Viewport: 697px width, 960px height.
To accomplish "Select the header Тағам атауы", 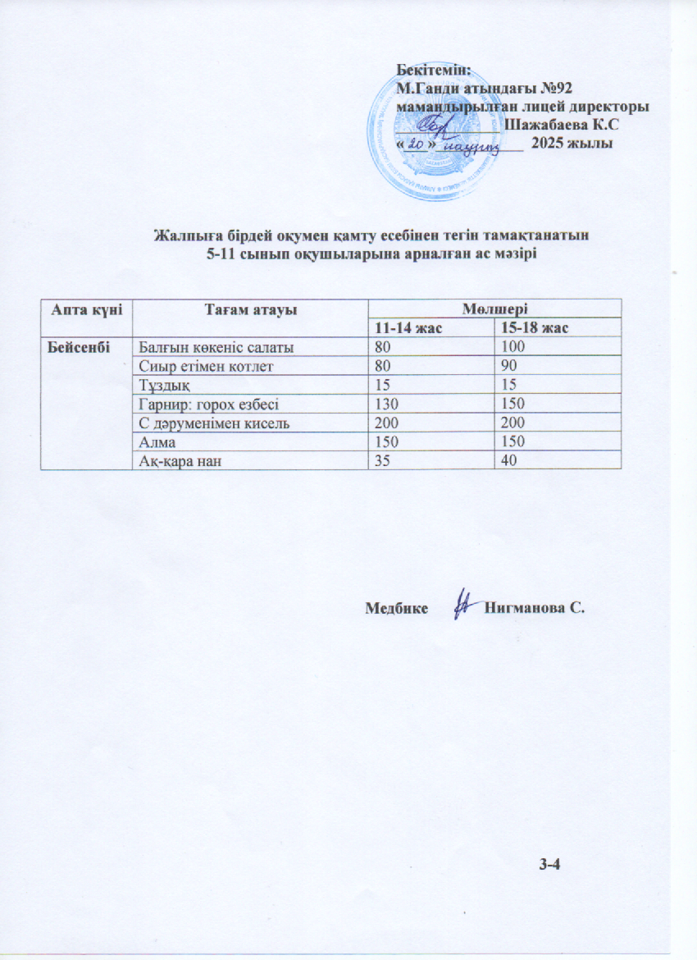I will click(x=250, y=309).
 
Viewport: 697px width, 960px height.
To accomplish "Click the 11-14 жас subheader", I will click(x=408, y=327).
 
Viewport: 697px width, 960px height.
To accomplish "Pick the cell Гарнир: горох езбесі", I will click(x=208, y=404).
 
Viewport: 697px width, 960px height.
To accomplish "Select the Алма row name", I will click(x=154, y=442).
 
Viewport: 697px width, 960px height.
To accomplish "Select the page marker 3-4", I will click(x=549, y=862).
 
